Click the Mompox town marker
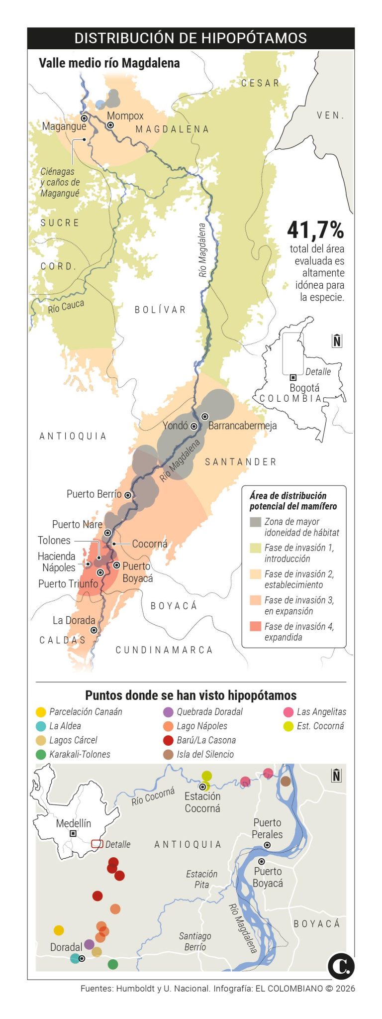110,125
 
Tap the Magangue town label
64,126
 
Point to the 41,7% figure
315,230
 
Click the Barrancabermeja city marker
204,416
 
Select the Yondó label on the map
175,426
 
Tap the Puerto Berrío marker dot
128,495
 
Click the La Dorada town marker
94,630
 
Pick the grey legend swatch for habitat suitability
255,522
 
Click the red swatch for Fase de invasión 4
255,626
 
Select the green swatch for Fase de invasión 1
255,548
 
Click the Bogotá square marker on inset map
293,377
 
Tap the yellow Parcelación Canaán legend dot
41,712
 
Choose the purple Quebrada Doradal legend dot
168,712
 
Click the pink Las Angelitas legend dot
288,712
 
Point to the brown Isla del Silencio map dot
286,781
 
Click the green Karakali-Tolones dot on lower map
113,964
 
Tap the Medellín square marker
73,833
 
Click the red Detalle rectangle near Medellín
97,844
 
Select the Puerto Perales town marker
267,845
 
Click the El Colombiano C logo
341,966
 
